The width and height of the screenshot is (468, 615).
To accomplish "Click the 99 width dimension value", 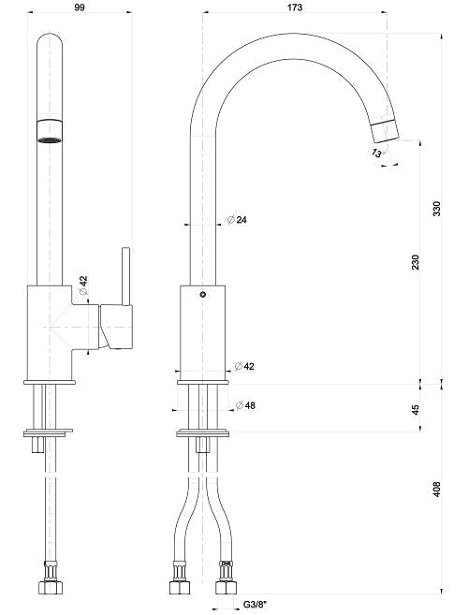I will (x=79, y=7).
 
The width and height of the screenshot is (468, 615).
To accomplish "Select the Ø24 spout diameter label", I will (x=236, y=220).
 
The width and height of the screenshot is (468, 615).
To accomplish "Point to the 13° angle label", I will (x=378, y=151).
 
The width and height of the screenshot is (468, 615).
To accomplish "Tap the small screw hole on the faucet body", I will (x=203, y=295).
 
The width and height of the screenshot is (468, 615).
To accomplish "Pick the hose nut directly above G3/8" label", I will (x=226, y=587).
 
